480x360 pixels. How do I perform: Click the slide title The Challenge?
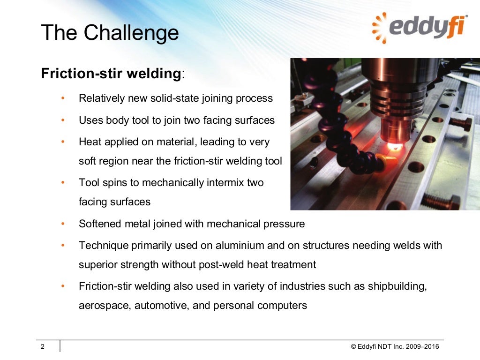[x=110, y=33]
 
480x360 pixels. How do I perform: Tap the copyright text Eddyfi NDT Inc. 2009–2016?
[x=395, y=347]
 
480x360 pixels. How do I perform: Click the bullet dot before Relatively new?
[x=63, y=99]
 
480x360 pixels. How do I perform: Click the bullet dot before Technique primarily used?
[x=63, y=245]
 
